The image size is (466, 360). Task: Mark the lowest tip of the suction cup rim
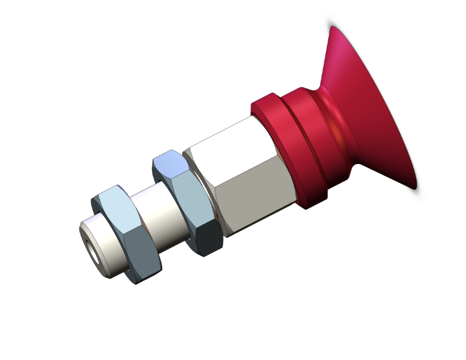[415, 187]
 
